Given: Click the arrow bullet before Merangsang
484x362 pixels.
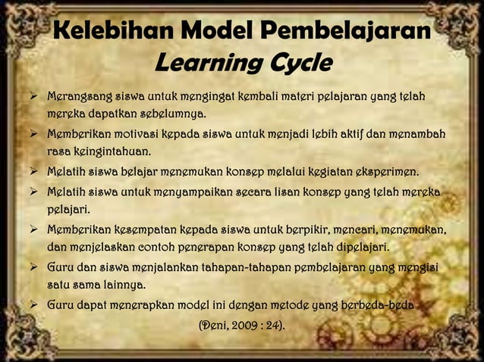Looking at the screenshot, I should click(x=33, y=98).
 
